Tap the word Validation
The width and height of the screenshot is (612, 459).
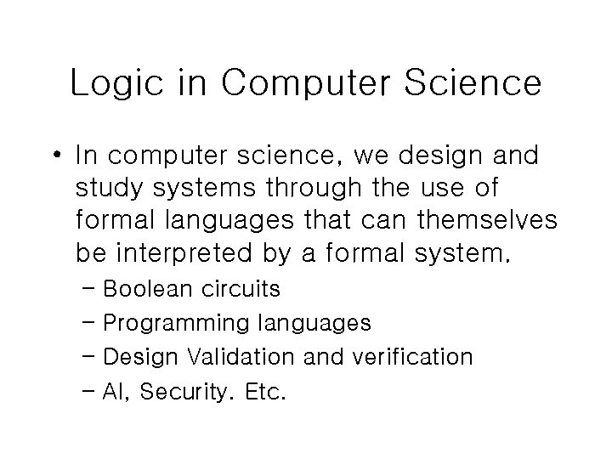tap(243, 357)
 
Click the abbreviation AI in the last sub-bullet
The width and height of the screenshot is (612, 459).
tap(115, 391)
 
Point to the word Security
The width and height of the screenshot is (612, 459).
tap(181, 391)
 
